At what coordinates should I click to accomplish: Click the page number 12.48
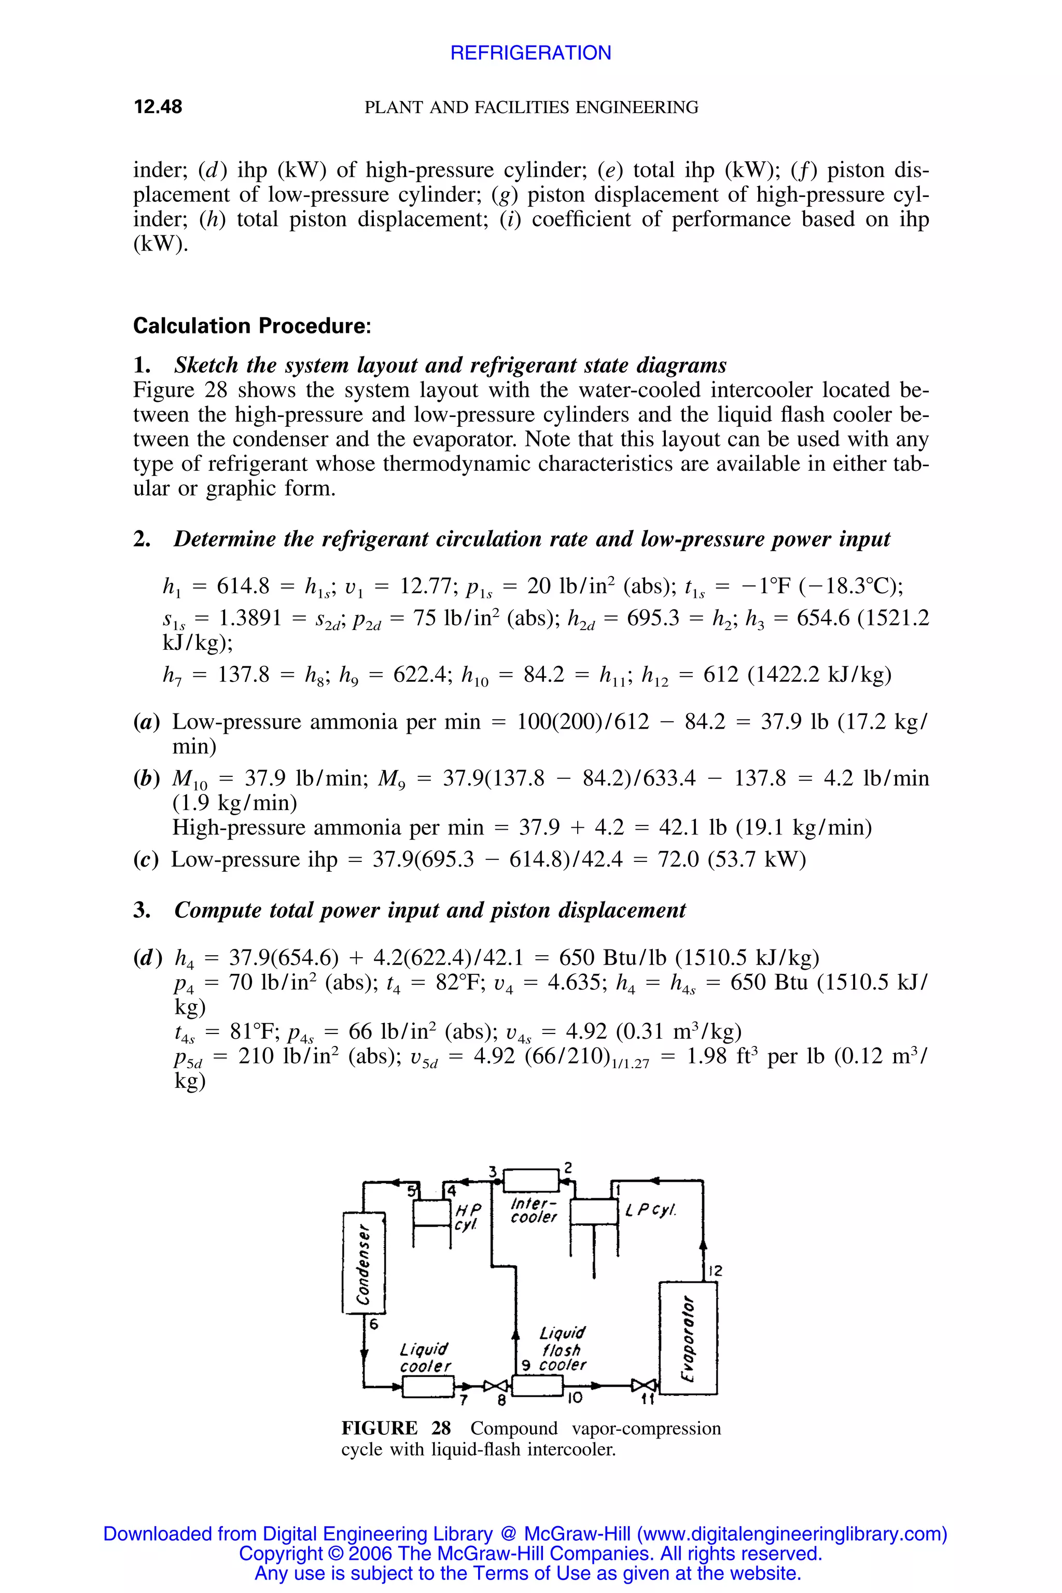click(158, 107)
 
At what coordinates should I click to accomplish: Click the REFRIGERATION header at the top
click(530, 53)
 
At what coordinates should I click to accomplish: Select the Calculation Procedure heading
click(252, 326)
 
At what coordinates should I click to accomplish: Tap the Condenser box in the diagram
click(364, 1255)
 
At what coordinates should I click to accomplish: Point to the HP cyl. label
click(467, 1217)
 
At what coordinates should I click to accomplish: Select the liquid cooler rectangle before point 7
click(428, 1386)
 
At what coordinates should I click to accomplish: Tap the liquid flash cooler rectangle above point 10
click(538, 1386)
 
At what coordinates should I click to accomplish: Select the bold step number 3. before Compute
click(142, 910)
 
